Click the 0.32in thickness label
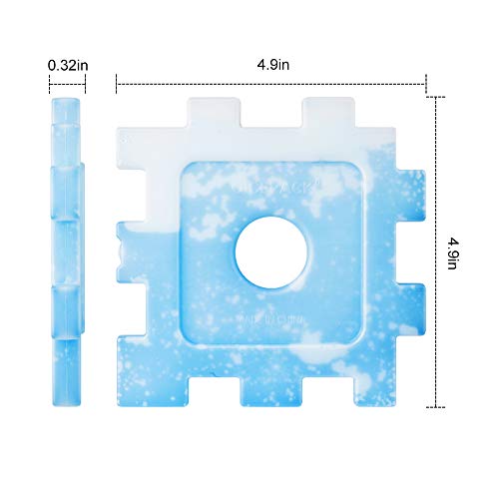[67, 66]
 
